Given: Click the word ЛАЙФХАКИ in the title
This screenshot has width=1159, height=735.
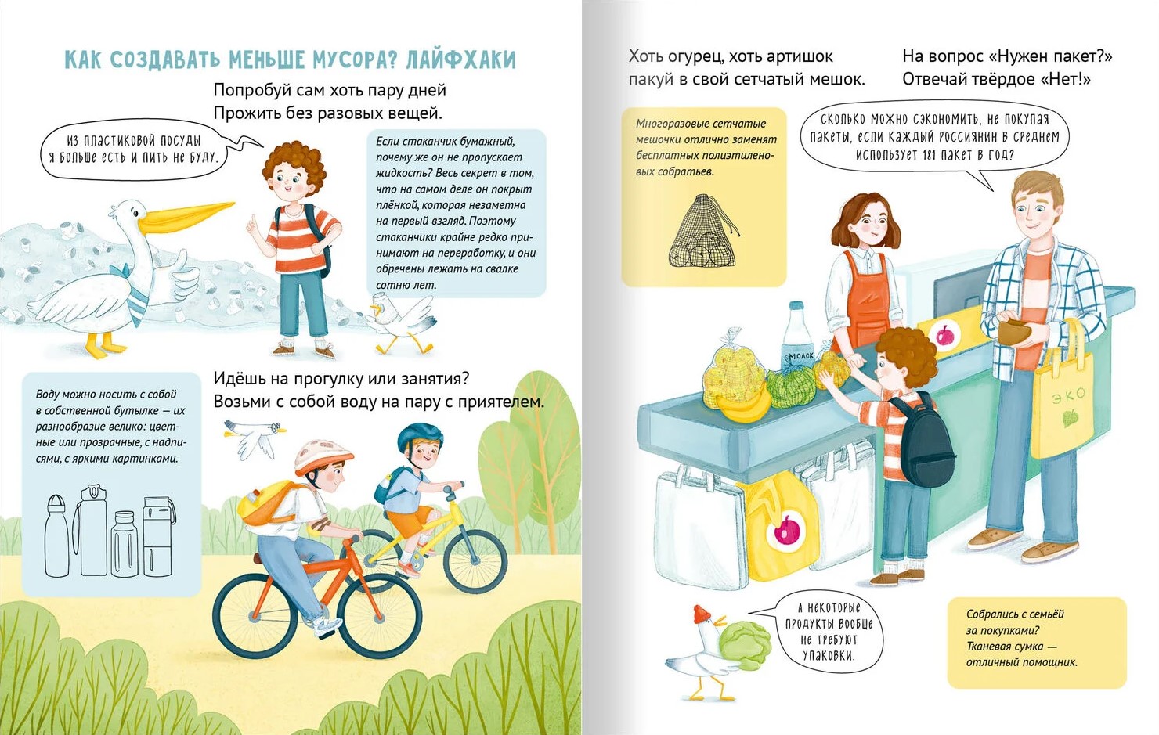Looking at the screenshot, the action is pos(461,60).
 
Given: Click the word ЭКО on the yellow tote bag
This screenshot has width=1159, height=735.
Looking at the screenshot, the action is pos(1068,396).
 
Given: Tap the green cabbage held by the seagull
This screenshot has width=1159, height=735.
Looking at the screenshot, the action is pos(744,646).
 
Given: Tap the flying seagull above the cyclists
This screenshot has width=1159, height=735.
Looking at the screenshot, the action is pos(255,437).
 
